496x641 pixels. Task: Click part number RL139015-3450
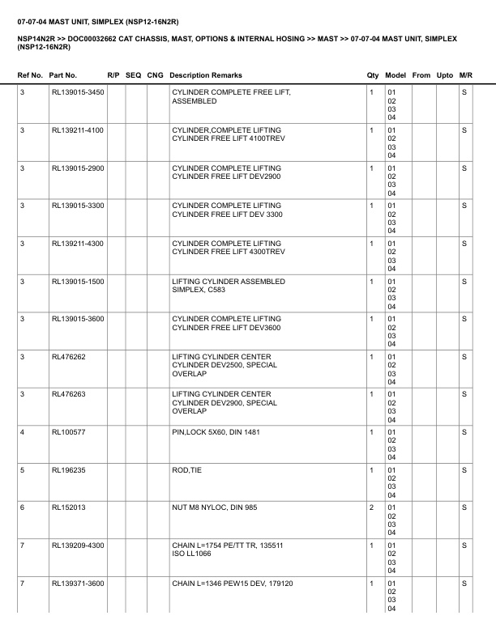(78, 92)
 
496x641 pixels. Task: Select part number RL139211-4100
(78, 130)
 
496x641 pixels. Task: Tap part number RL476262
(68, 357)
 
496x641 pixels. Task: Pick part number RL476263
(68, 395)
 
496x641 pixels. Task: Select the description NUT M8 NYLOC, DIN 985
(212, 508)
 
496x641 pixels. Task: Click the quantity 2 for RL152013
(371, 508)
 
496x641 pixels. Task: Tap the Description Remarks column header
(206, 75)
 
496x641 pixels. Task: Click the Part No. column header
(63, 75)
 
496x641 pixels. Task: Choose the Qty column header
(373, 75)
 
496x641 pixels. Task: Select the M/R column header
(465, 75)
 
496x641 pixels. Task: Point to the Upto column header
(445, 75)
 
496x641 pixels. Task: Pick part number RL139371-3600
(78, 584)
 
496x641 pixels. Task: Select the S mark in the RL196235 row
(464, 470)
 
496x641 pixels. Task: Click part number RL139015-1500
(78, 282)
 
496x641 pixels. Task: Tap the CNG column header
(155, 75)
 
